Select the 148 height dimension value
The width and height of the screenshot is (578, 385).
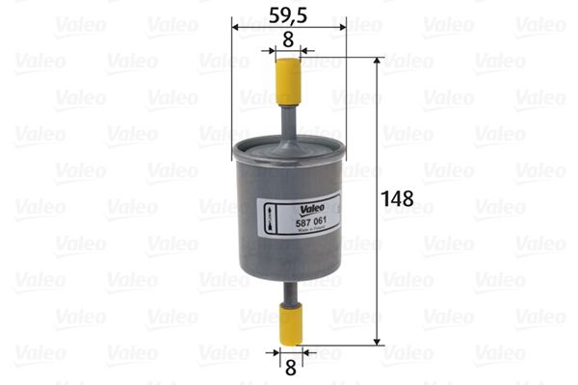tap(397, 199)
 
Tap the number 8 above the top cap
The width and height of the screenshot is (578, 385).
tap(287, 39)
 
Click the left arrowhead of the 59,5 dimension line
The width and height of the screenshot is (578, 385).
tap(237, 27)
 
